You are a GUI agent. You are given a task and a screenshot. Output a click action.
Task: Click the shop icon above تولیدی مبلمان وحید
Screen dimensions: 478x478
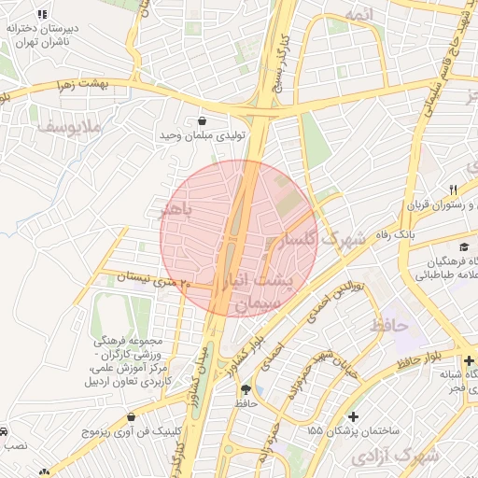pyautogui.click(x=203, y=120)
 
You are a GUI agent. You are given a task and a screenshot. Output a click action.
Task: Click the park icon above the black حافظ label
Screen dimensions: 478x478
pyautogui.click(x=246, y=389)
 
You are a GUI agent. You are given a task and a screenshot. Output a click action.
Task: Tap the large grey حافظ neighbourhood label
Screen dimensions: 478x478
pyautogui.click(x=389, y=326)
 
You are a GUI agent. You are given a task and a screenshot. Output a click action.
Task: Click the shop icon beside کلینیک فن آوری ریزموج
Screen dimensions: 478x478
pyautogui.click(x=130, y=417)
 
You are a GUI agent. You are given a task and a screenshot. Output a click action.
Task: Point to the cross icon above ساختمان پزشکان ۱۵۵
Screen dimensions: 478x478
pyautogui.click(x=352, y=416)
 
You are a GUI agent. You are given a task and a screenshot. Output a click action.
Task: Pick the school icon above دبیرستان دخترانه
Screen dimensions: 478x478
pyautogui.click(x=41, y=15)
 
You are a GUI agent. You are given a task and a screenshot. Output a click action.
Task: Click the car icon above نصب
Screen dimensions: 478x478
pyautogui.click(x=5, y=432)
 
